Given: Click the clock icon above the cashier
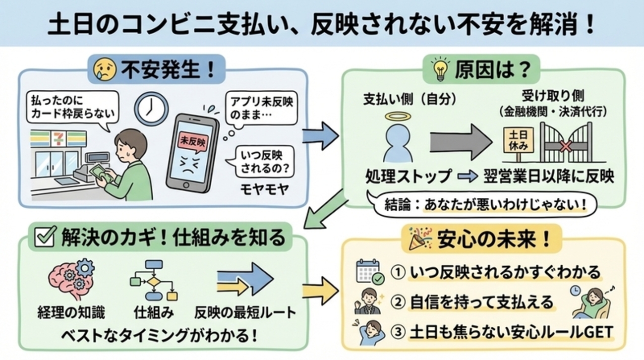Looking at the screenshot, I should click(152, 108).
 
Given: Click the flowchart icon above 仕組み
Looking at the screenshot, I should click(154, 280).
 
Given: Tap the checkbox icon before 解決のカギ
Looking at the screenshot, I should click(45, 238).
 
